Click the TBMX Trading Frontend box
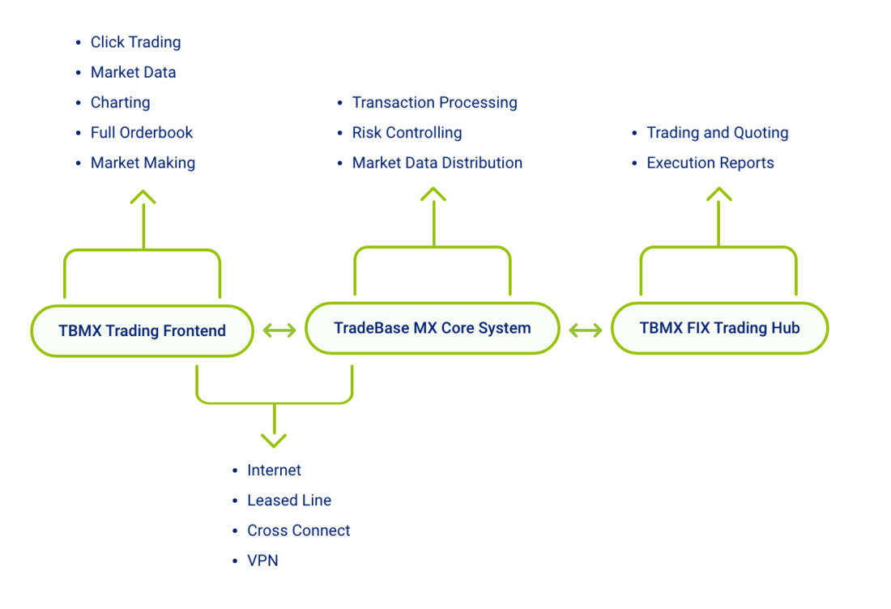142,330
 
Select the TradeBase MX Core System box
433,328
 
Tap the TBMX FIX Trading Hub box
719,328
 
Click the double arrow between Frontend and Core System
279,330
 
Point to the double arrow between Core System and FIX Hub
586,330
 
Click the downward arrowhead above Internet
274,441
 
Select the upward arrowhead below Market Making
143,197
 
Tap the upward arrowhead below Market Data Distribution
433,194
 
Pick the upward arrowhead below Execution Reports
718,194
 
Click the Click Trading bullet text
136,42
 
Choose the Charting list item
121,102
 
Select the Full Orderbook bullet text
142,132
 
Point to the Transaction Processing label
435,102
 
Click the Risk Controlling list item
407,132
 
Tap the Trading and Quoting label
718,132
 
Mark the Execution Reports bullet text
710,163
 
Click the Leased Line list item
289,500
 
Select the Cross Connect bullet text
299,530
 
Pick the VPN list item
262,560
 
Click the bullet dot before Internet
235,471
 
